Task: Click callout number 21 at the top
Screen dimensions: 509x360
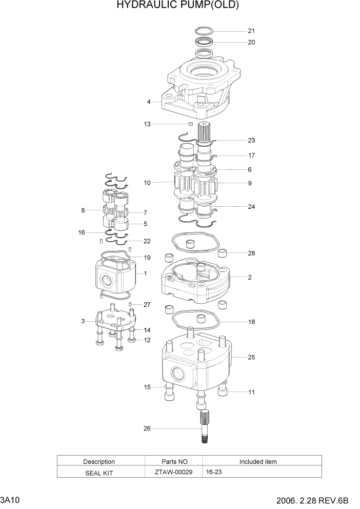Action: [251, 31]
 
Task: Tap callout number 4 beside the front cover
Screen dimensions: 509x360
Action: [149, 102]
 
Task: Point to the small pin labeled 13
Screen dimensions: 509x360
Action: [190, 124]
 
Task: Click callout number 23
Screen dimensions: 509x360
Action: [251, 140]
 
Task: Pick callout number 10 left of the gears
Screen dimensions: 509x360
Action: [147, 183]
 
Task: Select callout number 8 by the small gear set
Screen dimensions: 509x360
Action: [83, 210]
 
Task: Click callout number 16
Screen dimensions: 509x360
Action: [82, 232]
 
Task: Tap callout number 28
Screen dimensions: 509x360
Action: [251, 253]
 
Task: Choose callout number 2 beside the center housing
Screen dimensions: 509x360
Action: [249, 278]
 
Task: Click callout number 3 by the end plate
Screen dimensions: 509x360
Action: [83, 322]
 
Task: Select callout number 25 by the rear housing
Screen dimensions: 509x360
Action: [251, 357]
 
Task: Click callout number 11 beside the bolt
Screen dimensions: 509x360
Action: [251, 393]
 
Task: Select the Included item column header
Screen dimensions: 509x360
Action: [258, 462]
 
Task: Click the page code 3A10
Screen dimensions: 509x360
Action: [10, 500]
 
